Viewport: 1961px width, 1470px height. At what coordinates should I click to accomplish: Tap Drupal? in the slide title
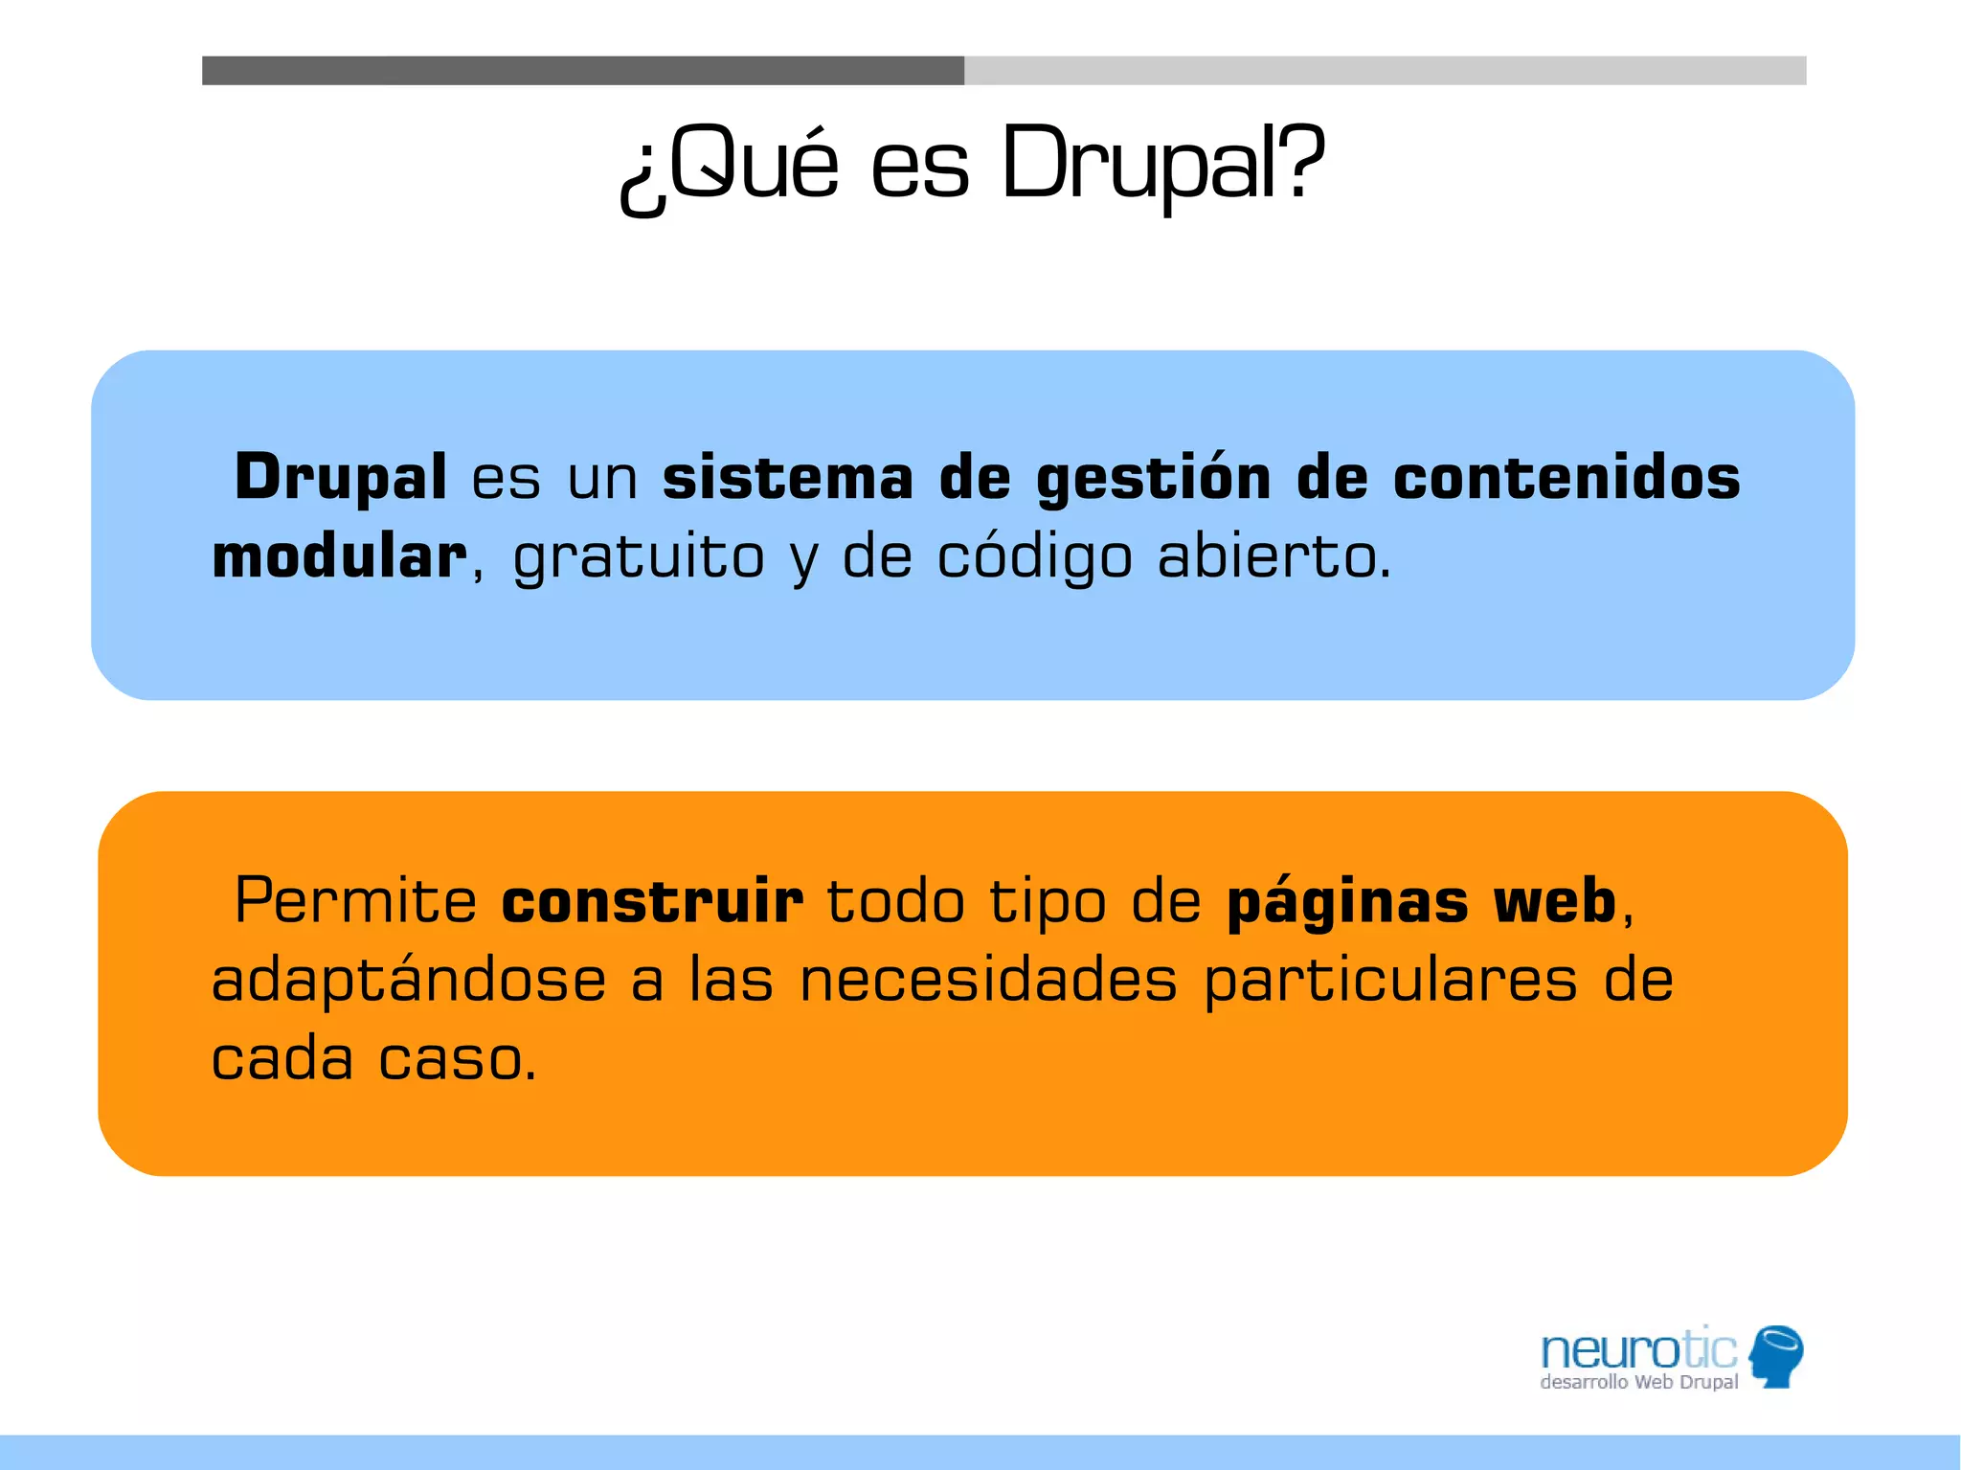point(1162,165)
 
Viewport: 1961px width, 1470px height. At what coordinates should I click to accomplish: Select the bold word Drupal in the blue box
point(340,477)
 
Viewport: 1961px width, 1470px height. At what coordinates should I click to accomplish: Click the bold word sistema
point(787,477)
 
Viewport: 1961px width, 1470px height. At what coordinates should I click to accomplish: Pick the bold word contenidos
point(1566,477)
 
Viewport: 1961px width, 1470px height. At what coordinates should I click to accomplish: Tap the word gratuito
point(639,558)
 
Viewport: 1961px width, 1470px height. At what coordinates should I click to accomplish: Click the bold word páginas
point(1347,903)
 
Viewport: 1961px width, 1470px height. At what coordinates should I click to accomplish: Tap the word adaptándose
point(409,981)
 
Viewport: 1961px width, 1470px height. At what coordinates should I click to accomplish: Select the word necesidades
point(988,981)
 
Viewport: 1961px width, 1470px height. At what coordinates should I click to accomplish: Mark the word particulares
point(1390,983)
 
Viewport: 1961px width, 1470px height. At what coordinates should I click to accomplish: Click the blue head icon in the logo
point(1776,1355)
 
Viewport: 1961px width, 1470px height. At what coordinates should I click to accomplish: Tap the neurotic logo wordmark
point(1637,1350)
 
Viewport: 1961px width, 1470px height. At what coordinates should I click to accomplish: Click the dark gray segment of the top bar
point(582,71)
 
